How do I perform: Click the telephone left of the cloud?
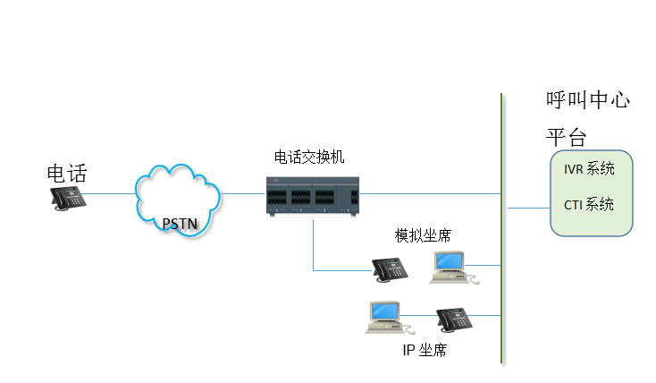68,198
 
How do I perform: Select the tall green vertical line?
501,134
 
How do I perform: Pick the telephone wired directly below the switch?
390,268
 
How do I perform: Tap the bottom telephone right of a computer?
454,319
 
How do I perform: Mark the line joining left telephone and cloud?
110,193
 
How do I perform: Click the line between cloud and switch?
243,193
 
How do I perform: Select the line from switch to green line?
429,193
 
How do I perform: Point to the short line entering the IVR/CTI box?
527,208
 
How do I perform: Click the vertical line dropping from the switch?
314,243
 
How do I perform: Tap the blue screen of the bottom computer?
385,311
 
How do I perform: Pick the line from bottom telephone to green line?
486,315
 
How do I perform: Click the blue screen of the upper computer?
450,261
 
